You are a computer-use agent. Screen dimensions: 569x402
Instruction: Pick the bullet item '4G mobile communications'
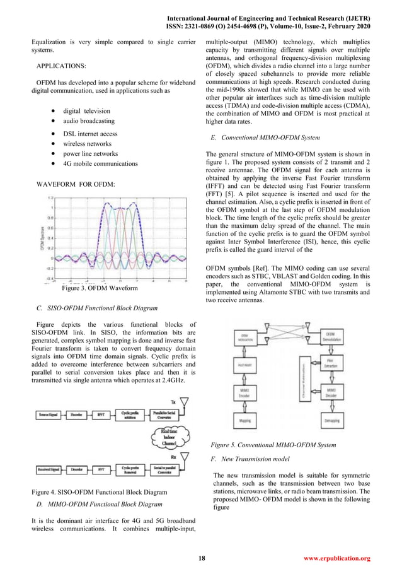105,163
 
